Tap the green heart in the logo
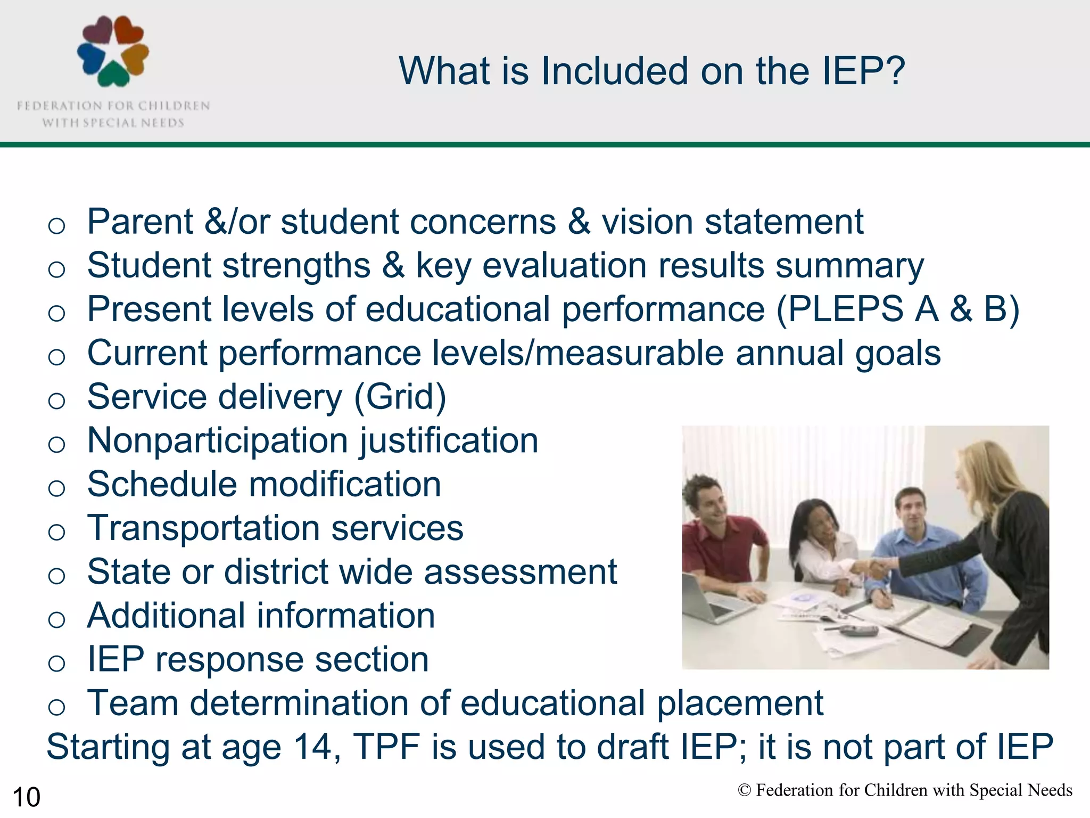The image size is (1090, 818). pyautogui.click(x=113, y=75)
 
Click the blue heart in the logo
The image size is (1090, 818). pyautogui.click(x=89, y=58)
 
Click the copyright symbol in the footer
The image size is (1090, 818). pyautogui.click(x=744, y=790)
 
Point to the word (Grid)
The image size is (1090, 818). pyautogui.click(x=400, y=397)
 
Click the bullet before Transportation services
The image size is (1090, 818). pyautogui.click(x=56, y=531)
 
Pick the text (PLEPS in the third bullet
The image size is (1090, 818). pyautogui.click(x=840, y=309)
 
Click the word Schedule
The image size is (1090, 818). pyautogui.click(x=162, y=485)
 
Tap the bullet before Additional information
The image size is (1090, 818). pyautogui.click(x=56, y=619)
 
